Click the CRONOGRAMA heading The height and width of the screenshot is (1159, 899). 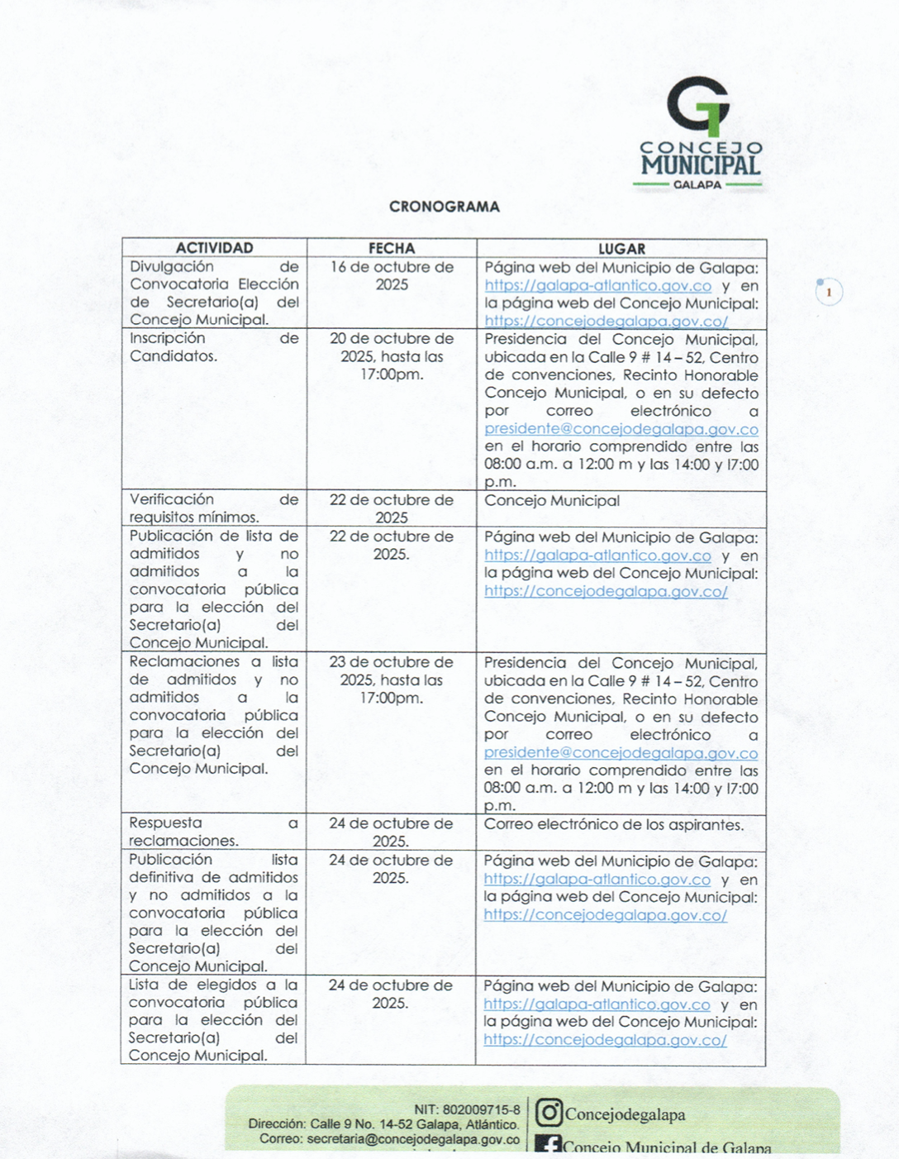coord(445,207)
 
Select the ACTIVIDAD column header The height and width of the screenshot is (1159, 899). coord(214,248)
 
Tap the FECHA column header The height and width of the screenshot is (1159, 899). coord(392,248)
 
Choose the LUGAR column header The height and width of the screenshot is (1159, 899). coord(621,248)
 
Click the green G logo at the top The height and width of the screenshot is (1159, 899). coord(699,106)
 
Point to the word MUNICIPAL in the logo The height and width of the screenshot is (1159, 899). coord(701,165)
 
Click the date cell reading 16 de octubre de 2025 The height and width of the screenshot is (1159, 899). coord(392,276)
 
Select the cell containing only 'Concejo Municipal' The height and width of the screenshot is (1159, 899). coord(552,501)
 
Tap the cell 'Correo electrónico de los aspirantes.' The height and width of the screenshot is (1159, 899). coord(614,825)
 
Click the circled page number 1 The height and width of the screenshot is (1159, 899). coord(829,293)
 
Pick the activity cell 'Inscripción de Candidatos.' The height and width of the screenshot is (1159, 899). coord(213,347)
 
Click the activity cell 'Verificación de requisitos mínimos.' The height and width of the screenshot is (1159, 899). coord(213,508)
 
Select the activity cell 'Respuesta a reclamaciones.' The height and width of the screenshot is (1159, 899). coord(213,832)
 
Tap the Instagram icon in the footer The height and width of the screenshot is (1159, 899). coord(549,1113)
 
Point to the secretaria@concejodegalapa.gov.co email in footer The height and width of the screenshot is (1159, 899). coord(413,1139)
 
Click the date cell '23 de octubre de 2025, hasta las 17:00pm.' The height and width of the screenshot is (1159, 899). coord(391,680)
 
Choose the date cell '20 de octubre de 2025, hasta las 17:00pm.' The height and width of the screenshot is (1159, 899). coord(392,356)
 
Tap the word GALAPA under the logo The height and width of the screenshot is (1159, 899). coord(697,185)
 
